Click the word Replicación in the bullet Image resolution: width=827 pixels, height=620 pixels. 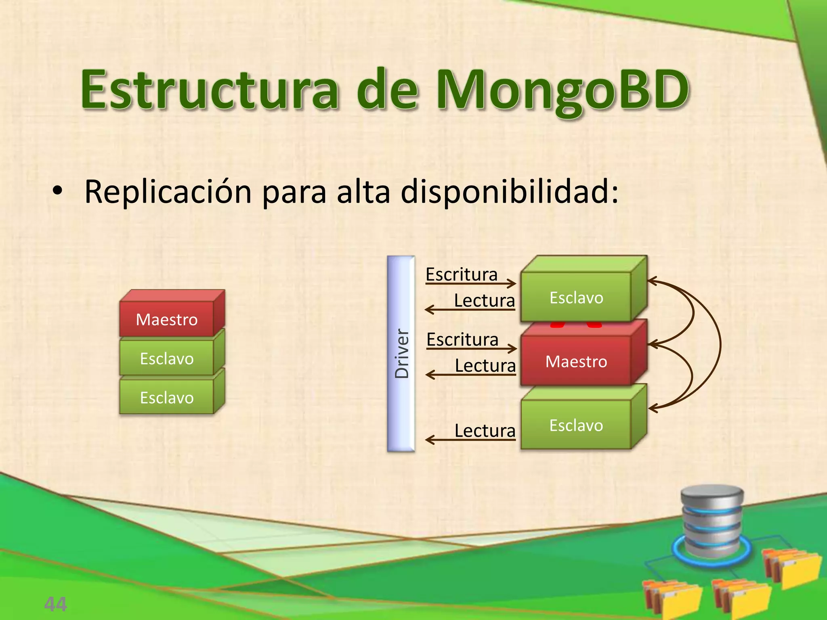[x=168, y=192]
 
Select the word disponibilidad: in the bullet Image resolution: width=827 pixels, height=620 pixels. [x=510, y=192]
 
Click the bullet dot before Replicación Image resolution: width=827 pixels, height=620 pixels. [x=57, y=191]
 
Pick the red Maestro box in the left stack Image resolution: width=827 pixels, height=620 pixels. [x=167, y=319]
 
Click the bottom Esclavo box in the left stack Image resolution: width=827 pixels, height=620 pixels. [x=167, y=398]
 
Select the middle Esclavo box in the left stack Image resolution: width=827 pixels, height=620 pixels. [x=167, y=358]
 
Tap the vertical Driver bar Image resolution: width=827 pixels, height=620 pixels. [x=401, y=354]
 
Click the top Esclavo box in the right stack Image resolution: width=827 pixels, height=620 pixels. [x=576, y=297]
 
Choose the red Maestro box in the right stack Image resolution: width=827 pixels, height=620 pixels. [x=576, y=361]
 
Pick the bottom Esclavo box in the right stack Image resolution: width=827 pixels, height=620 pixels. [x=576, y=425]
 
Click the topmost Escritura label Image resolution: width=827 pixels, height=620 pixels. [x=462, y=274]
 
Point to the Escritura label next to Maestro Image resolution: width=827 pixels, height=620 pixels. [x=462, y=339]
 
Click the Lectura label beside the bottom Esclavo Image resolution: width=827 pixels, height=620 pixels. [x=485, y=431]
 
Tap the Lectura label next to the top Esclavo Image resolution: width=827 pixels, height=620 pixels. [x=485, y=301]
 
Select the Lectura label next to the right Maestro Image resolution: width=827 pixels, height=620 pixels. [x=485, y=366]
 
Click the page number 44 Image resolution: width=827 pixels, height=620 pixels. [x=56, y=604]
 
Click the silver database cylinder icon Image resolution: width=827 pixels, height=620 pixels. [x=712, y=522]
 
